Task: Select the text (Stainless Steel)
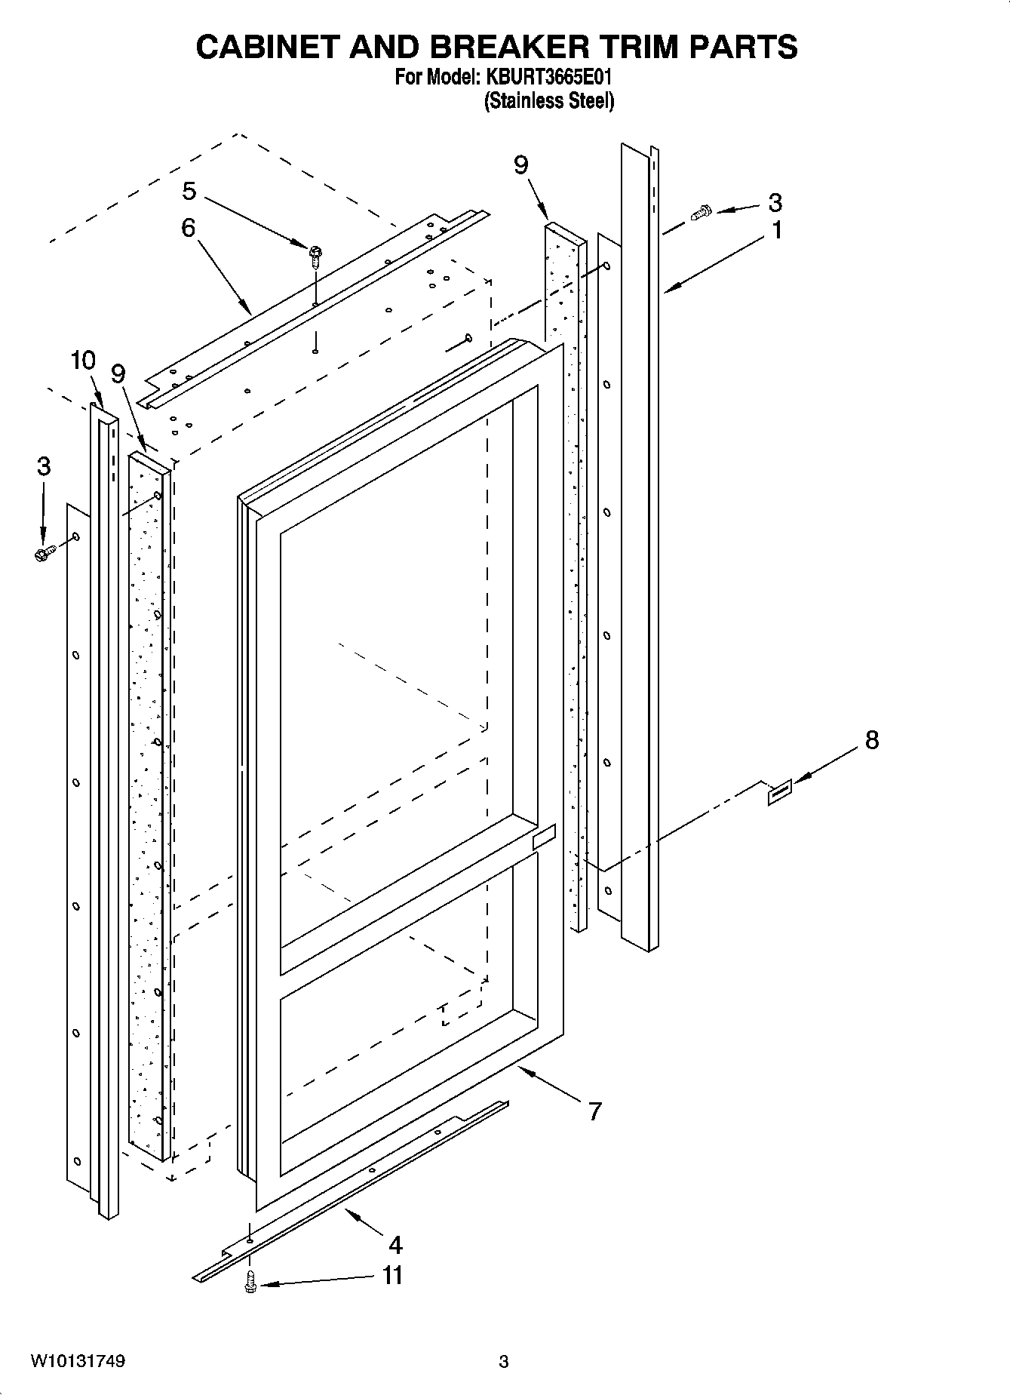pos(548,100)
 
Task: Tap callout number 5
pos(189,192)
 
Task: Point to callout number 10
pos(83,361)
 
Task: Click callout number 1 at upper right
pos(776,229)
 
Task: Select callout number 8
pos(871,740)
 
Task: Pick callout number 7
pos(595,1111)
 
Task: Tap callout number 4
pos(394,1244)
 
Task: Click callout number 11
pos(392,1275)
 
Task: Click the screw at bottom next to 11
pos(250,1282)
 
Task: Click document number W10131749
pos(78,1361)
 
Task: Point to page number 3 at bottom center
pos(504,1362)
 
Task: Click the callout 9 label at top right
pos(521,165)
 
